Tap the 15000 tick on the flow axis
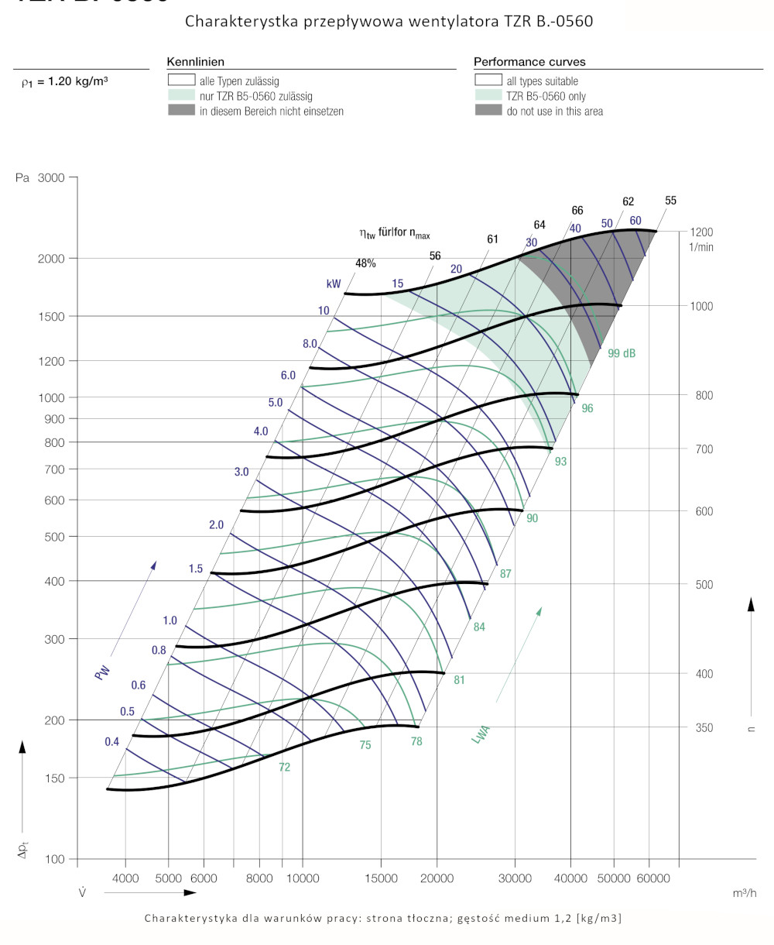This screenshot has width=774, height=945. click(381, 878)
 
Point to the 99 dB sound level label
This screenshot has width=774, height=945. click(622, 353)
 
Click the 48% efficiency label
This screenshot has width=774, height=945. click(365, 263)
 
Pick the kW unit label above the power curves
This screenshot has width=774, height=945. click(334, 284)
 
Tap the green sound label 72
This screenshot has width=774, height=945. click(285, 768)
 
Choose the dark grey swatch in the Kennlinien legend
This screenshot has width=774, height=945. click(180, 111)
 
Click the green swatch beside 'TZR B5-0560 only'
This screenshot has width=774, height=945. click(488, 96)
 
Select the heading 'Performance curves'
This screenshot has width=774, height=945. click(529, 61)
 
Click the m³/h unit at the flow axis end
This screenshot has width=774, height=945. click(744, 894)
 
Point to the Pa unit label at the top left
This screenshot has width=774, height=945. click(22, 178)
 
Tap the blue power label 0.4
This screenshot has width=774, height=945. click(112, 742)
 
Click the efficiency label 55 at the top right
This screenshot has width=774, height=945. click(670, 201)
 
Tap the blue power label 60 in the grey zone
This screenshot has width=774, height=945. click(635, 221)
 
